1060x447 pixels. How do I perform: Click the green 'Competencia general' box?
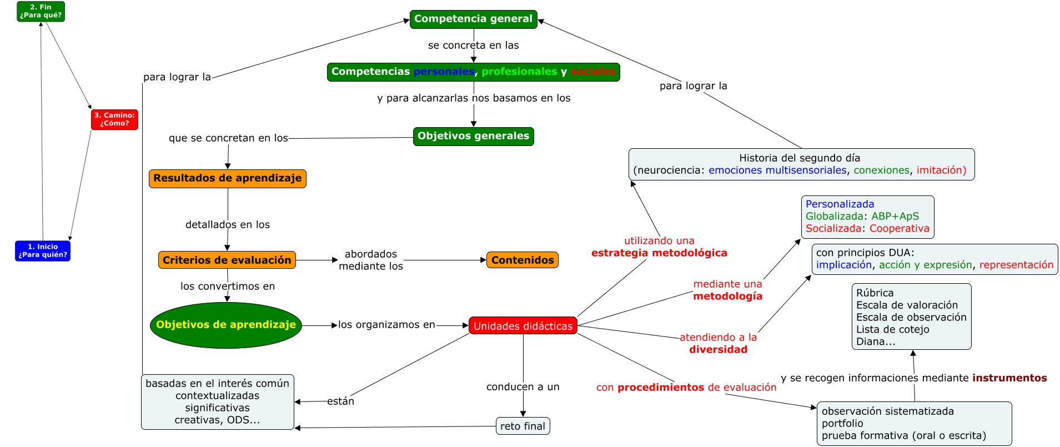(x=474, y=19)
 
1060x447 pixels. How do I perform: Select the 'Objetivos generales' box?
(x=474, y=137)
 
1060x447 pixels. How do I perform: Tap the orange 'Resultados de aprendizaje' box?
(x=228, y=179)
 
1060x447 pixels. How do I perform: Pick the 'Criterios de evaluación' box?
(x=227, y=260)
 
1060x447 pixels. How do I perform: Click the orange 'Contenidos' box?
(x=523, y=260)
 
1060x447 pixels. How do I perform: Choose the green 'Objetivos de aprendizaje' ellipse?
(x=226, y=325)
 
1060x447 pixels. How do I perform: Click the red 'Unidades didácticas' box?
(x=523, y=326)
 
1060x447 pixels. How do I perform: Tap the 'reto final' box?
(x=523, y=426)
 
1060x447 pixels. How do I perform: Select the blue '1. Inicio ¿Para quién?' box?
(x=43, y=251)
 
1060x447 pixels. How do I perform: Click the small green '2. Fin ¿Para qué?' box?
(x=41, y=12)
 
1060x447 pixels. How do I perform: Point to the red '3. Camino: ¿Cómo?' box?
(x=114, y=119)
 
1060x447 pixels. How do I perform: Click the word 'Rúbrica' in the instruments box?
(x=875, y=293)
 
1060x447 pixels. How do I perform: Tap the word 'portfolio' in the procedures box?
(x=842, y=423)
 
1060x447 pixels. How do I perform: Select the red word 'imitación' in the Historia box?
(x=941, y=170)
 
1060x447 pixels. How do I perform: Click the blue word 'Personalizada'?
(x=840, y=204)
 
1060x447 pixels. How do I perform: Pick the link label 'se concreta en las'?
(x=474, y=46)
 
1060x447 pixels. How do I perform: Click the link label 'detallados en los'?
(x=228, y=225)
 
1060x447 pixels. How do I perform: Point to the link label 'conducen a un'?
(x=523, y=387)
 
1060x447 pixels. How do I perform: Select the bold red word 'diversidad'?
(x=719, y=350)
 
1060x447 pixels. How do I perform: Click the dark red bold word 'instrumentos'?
(x=1009, y=378)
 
